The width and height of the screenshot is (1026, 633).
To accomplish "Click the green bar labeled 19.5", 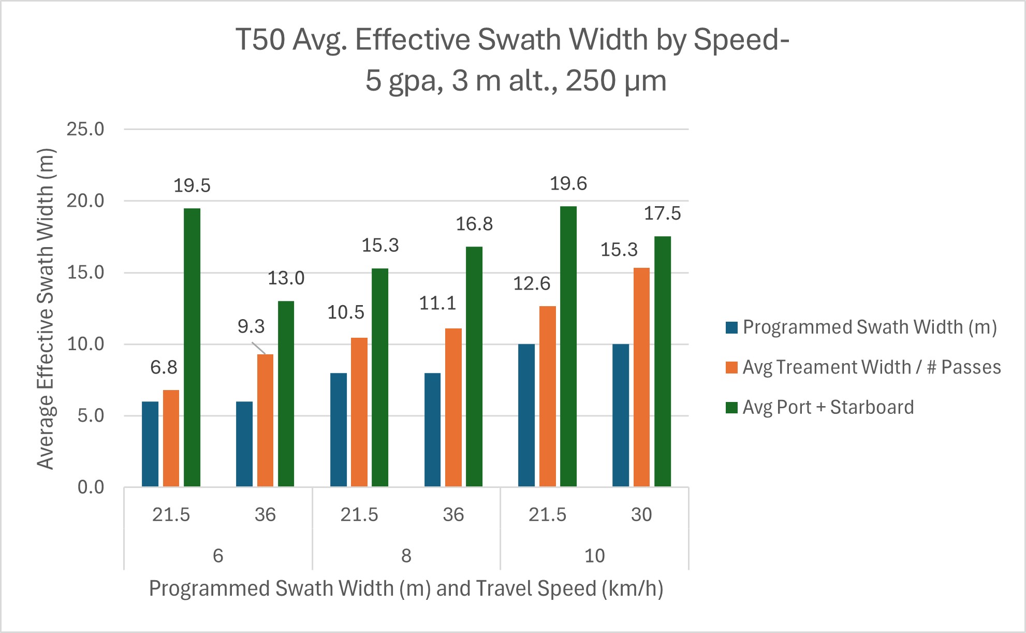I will click(x=192, y=347).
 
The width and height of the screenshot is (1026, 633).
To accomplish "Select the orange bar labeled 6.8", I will click(x=171, y=438).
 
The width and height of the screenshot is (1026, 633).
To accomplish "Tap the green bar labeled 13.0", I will click(x=286, y=394).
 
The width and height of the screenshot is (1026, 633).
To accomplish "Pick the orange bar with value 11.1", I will click(x=453, y=407).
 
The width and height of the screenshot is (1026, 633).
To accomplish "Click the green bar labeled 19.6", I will click(x=568, y=346).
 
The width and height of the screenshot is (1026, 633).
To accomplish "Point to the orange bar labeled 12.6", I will click(x=547, y=396).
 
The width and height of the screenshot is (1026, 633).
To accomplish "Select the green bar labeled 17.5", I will click(x=662, y=362).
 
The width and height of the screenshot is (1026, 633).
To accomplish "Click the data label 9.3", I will click(x=251, y=327).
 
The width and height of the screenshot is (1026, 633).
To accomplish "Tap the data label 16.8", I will click(x=474, y=224).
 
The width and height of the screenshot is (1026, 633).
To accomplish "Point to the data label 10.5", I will click(x=345, y=313).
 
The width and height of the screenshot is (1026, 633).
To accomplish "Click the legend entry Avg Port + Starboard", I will click(x=828, y=408).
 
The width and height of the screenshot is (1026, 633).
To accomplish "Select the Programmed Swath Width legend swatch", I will click(x=731, y=327).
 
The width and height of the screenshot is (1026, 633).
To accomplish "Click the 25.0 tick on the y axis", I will click(x=85, y=130).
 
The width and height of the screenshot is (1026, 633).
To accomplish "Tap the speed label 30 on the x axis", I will click(x=641, y=515).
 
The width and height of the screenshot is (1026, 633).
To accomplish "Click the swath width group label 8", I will click(x=406, y=556).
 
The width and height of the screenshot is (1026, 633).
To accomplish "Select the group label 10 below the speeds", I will click(x=594, y=556).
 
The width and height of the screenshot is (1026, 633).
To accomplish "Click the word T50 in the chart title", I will click(x=260, y=40).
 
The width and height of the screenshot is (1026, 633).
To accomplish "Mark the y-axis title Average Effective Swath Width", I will click(x=46, y=309).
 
